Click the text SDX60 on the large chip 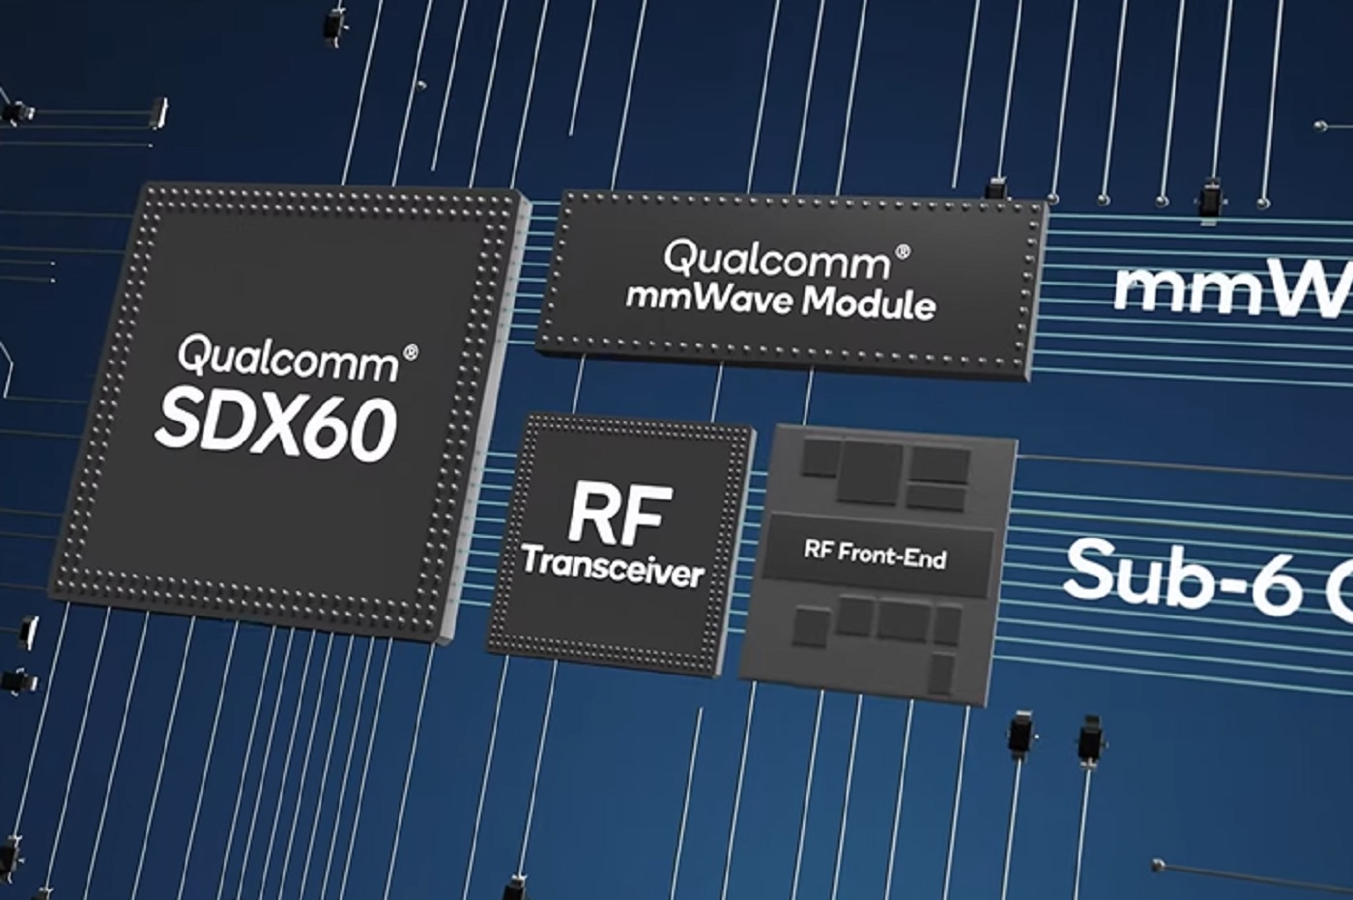(274, 426)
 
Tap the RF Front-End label (875, 555)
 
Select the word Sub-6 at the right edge (1184, 575)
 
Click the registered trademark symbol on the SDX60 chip (410, 352)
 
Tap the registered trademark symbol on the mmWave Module (903, 251)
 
